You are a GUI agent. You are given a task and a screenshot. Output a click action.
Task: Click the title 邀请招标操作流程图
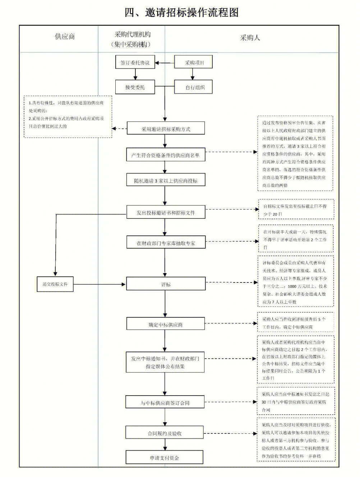click(x=181, y=13)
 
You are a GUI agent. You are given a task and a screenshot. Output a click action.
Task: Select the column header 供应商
click(x=65, y=37)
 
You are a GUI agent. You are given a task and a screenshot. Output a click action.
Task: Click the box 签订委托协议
click(x=135, y=63)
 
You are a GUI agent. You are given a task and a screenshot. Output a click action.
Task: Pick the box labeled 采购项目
click(x=194, y=63)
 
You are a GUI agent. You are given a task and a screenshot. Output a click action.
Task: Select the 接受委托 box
click(x=135, y=87)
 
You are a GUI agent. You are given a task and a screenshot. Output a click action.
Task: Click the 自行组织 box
click(x=194, y=87)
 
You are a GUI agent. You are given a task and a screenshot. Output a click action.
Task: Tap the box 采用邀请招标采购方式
click(x=166, y=129)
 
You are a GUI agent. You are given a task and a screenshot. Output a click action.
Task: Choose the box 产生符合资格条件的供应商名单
click(x=165, y=155)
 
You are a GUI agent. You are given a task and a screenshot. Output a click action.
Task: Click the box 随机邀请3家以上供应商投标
click(x=165, y=180)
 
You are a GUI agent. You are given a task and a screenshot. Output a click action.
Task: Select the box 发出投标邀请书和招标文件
click(x=165, y=212)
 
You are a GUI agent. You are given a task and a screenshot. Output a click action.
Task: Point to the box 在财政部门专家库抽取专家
click(x=165, y=243)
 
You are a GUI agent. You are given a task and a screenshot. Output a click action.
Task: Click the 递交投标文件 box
click(x=55, y=284)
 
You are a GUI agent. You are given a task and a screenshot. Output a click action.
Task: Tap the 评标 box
click(x=165, y=284)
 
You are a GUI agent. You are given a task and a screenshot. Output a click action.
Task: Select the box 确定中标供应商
click(x=165, y=324)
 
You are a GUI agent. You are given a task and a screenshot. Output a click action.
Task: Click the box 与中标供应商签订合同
click(x=165, y=402)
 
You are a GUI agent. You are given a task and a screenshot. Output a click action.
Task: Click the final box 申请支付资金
click(x=165, y=458)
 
